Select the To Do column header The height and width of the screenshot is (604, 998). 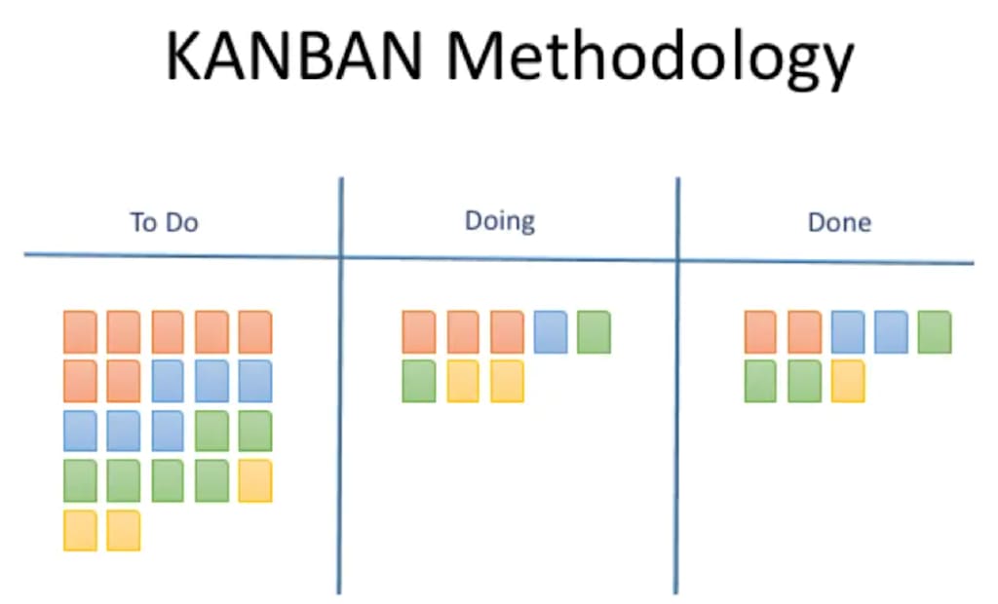pos(164,223)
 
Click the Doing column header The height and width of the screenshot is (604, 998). pos(499,221)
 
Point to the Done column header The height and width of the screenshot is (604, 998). pos(839,223)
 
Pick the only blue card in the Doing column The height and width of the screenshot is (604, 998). pos(551,332)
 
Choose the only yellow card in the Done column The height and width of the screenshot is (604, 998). pos(849,381)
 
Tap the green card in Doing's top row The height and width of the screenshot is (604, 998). pos(594,332)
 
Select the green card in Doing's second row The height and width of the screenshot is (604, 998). pos(419,381)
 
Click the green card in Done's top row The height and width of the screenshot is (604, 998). pos(934,332)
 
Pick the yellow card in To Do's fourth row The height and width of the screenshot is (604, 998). pos(254,480)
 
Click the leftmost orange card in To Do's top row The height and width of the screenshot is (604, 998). pos(80,332)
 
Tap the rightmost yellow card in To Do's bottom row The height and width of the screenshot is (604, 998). pos(124,530)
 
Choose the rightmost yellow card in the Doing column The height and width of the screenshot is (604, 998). pos(507,381)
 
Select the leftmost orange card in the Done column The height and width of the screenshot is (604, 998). pos(761,332)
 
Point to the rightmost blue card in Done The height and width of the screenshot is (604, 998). pos(891,332)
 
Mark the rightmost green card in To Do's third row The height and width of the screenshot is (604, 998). pos(254,431)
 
